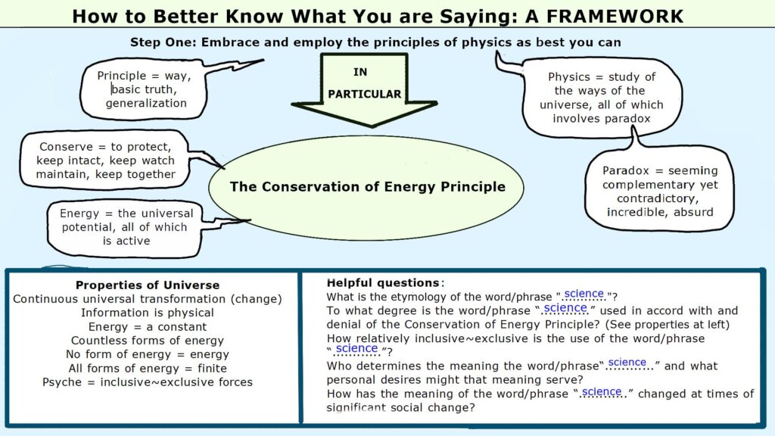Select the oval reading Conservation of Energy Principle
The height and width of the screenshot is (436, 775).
367,186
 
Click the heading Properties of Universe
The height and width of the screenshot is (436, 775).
148,285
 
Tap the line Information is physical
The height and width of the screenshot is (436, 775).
148,313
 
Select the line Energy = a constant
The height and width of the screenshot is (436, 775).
148,326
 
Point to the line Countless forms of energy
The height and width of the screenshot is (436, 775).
148,341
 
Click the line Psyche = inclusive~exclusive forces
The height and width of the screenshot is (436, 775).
148,382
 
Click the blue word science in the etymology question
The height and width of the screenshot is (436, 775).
584,294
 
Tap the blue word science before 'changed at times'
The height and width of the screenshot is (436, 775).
602,391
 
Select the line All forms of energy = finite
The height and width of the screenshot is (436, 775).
148,369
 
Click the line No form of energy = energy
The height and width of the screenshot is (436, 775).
148,354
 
